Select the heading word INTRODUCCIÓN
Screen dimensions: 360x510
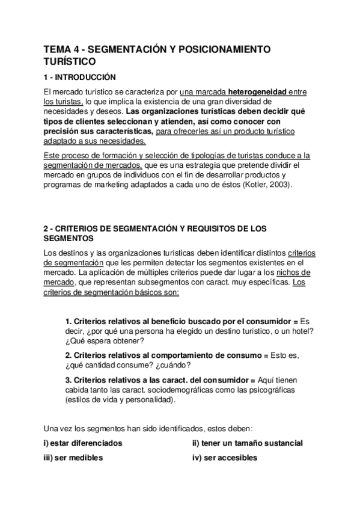tap(84, 77)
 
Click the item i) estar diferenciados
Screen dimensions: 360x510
tap(83, 443)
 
